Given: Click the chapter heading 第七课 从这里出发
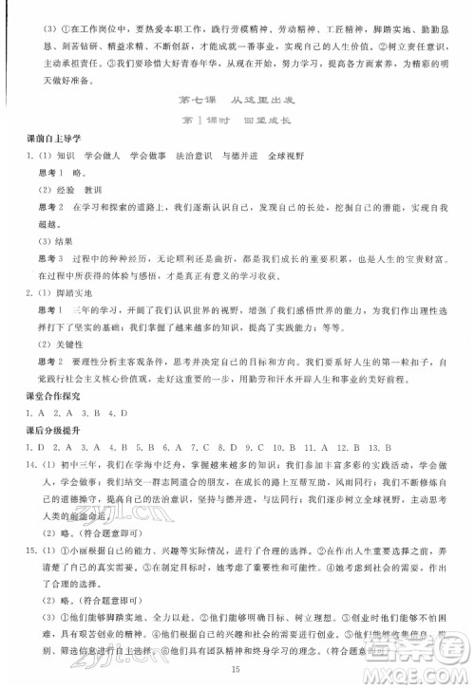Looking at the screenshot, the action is coord(237,102).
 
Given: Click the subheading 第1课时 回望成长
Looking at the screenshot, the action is coord(237,122).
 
